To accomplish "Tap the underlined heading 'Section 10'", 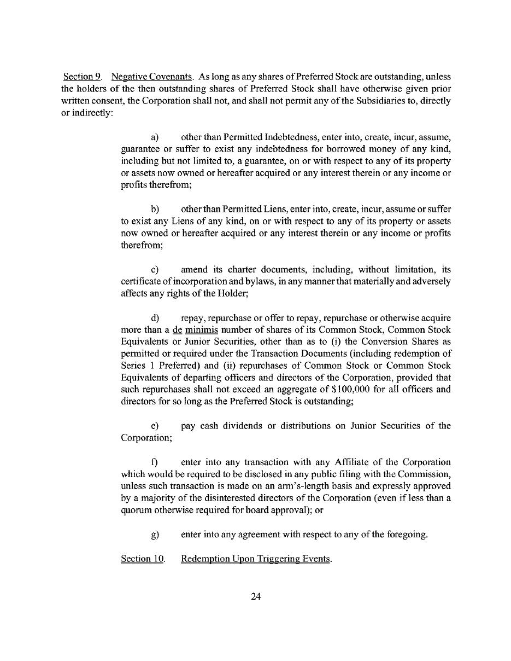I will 143,559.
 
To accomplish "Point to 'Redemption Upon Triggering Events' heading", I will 256,559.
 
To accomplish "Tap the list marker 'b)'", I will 155,210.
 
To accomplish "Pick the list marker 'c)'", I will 155,269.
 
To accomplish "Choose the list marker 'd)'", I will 155,318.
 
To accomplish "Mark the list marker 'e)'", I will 155,426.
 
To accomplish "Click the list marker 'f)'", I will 155,462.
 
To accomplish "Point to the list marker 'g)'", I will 155,535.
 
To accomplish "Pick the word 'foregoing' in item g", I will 404,535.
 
